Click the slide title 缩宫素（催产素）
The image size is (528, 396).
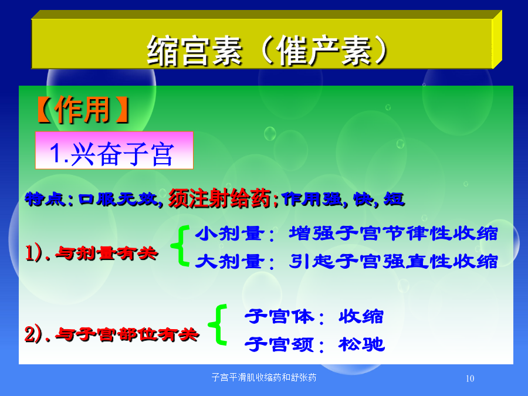268,51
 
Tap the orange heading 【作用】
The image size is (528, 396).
83,110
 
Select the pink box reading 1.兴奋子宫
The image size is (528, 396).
114,150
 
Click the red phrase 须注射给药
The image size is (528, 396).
219,198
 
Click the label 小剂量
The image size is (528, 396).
229,233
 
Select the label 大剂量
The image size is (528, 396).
229,261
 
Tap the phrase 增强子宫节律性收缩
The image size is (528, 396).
393,233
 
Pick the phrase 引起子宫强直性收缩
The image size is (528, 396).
393,261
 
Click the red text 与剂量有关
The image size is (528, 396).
106,253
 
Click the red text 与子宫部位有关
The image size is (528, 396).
127,334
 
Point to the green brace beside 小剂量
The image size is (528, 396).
181,246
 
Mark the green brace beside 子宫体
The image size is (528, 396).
218,324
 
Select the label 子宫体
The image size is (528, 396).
279,317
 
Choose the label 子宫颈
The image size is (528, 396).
279,344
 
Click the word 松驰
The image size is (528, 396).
361,344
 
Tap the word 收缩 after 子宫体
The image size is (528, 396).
361,317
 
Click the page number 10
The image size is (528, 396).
470,378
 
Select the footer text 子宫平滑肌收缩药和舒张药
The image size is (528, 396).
264,377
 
